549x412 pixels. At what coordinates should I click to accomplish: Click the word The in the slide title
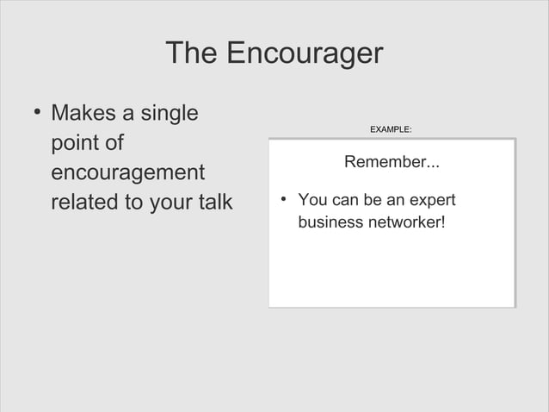point(191,53)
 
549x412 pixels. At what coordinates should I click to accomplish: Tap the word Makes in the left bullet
point(88,113)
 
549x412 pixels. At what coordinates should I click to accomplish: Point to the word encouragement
point(127,173)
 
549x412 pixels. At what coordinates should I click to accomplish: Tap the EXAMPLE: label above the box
point(391,129)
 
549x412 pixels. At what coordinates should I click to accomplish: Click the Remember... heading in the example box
point(392,162)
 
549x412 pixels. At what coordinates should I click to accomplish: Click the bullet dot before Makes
point(36,113)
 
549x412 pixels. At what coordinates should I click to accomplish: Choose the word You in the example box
point(312,201)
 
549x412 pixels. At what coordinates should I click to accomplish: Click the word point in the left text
point(75,144)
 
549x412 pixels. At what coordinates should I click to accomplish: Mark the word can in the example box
point(344,201)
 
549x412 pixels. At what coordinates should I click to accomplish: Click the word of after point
point(114,143)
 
